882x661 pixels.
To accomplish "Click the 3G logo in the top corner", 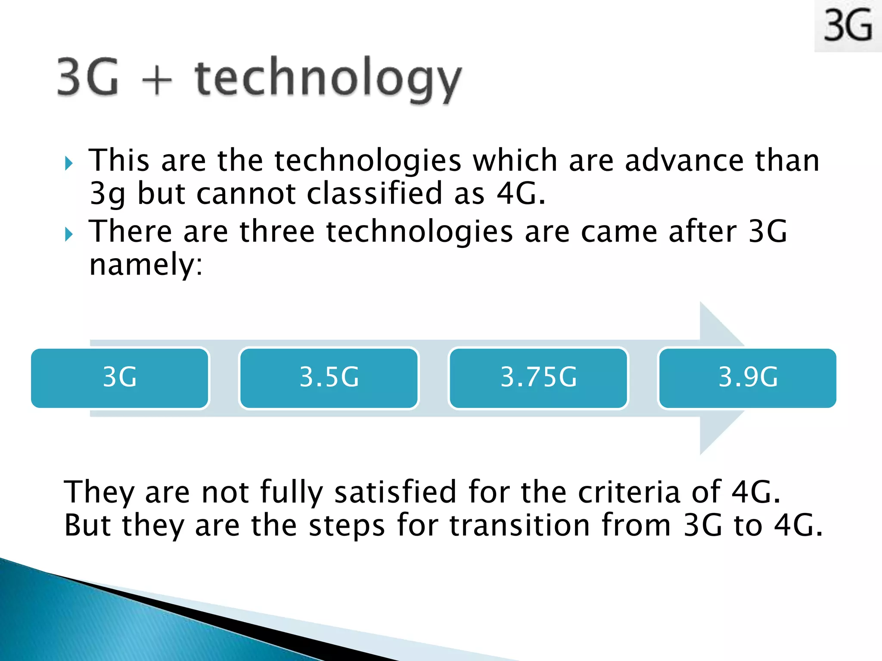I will pos(848,26).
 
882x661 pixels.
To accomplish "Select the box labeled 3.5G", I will pos(329,378).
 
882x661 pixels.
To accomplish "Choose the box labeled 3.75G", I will pos(538,378).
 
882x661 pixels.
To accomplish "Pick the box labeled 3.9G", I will pos(747,378).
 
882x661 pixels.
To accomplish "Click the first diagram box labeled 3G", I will pos(120,378).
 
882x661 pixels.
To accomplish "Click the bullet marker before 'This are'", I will pos(69,163).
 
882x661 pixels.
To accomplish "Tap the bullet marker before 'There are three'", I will pos(69,235).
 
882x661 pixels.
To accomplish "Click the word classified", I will pos(375,193).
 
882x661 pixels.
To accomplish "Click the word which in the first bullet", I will pos(515,161).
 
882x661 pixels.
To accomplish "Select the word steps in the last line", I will pos(346,526).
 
